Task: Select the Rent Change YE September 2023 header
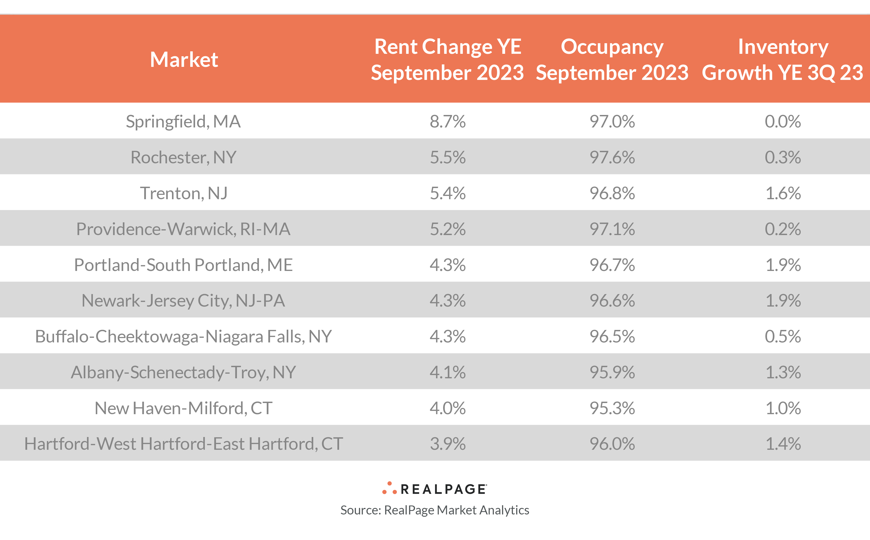[x=447, y=59]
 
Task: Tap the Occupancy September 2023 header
[x=612, y=59]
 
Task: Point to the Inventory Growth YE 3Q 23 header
[x=783, y=59]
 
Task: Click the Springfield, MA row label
[x=183, y=121]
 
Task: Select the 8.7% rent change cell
[x=447, y=121]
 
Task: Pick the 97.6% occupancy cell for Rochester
[x=612, y=157]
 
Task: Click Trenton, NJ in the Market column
[x=183, y=193]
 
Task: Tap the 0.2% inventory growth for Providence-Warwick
[x=783, y=229]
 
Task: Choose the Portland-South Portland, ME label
[x=183, y=265]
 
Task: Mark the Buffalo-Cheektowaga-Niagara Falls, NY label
[x=183, y=336]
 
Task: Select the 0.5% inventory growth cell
[x=783, y=336]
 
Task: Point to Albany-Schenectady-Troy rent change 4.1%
[x=447, y=372]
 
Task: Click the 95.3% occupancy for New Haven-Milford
[x=612, y=408]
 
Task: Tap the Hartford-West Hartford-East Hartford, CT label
[x=183, y=444]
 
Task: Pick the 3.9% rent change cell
[x=447, y=444]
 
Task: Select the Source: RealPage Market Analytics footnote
[x=435, y=510]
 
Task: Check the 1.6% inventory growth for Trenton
[x=783, y=193]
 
